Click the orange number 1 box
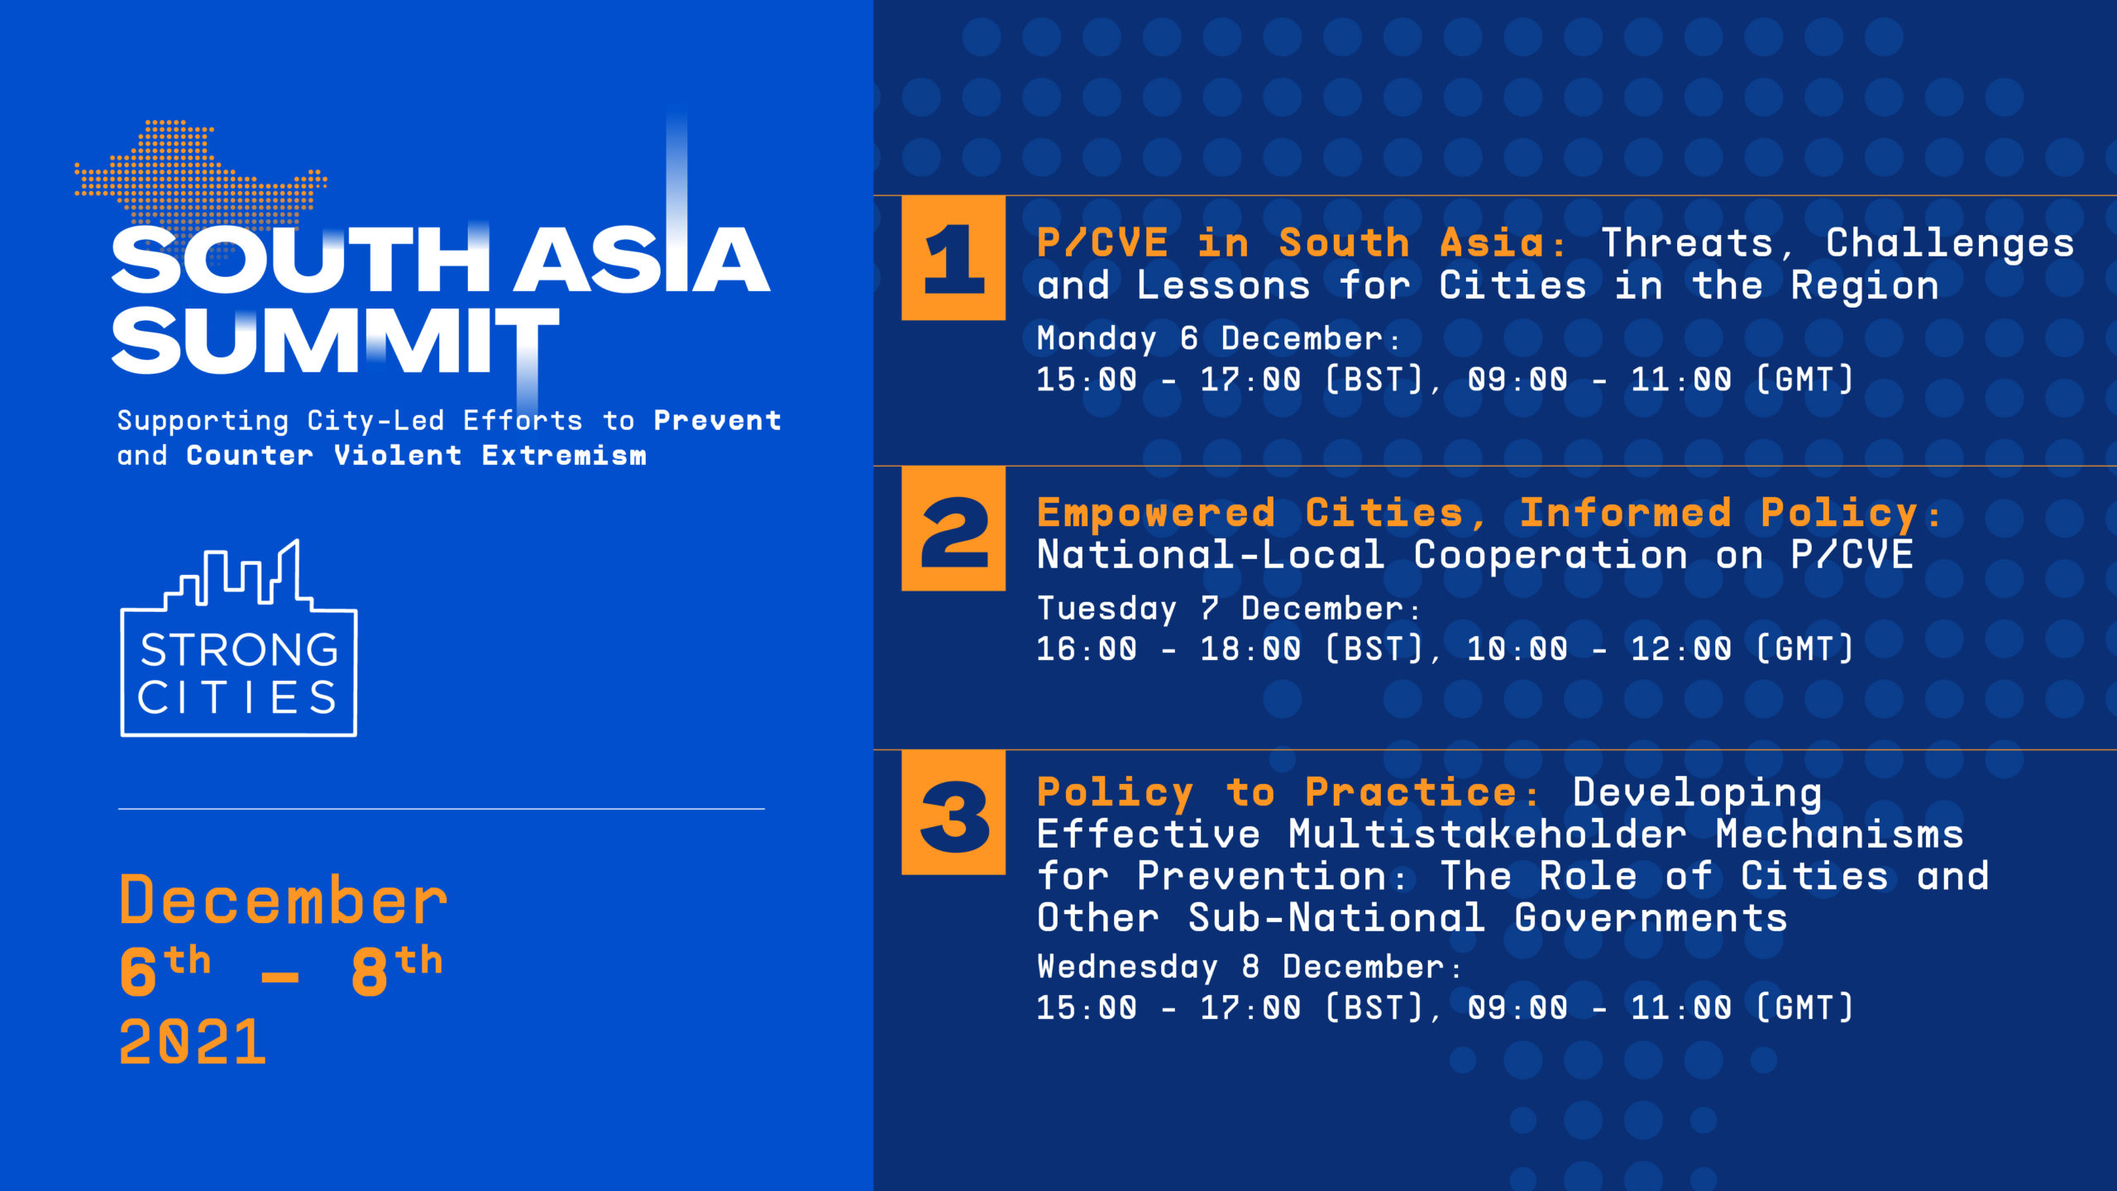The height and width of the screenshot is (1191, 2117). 953,258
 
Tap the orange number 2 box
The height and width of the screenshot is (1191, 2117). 953,529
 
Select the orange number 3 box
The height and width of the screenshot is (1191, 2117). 953,812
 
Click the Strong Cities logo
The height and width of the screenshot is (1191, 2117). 239,638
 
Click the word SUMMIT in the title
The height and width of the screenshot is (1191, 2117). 335,341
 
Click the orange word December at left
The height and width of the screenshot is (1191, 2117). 284,900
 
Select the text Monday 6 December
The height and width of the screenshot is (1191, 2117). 1210,339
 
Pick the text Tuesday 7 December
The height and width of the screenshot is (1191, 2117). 1220,610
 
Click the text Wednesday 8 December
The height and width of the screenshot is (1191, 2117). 1240,968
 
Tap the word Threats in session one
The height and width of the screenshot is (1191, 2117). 1687,243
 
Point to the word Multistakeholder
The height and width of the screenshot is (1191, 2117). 1487,834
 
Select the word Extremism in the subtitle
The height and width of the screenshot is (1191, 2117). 564,456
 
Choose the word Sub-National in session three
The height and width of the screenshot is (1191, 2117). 1336,918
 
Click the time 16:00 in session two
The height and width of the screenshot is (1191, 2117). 1087,649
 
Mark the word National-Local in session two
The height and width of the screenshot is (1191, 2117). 1211,555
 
